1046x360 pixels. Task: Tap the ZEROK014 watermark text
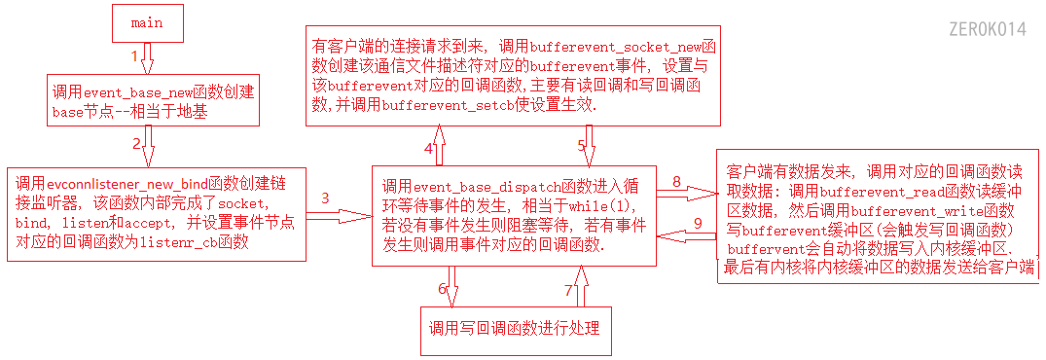(986, 29)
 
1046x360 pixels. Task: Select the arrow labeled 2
(148, 150)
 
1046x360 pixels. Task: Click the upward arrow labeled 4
(439, 148)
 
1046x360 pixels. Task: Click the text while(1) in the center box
(603, 205)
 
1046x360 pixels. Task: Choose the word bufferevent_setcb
(444, 105)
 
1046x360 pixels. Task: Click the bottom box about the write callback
(515, 326)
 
